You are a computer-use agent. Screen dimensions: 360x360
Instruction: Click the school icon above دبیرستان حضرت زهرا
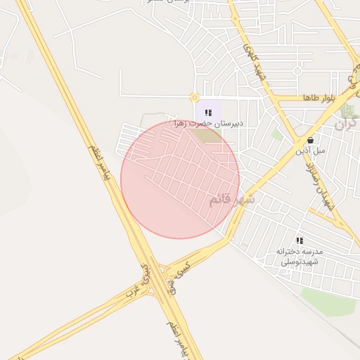point(208,112)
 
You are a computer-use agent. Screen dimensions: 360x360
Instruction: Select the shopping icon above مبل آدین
point(311,140)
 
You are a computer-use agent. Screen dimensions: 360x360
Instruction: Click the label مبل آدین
point(310,150)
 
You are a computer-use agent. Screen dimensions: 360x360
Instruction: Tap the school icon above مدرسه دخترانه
point(300,240)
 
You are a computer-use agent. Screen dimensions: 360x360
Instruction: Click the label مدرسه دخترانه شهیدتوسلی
point(300,256)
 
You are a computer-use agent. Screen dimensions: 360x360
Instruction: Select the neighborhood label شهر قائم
point(231,200)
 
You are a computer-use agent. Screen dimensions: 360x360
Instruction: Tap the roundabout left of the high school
point(194,98)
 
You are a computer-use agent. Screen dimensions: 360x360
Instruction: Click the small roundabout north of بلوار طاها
point(297,70)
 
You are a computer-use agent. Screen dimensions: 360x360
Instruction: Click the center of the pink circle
point(180,180)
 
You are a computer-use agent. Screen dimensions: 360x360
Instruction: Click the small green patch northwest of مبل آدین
point(277,133)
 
